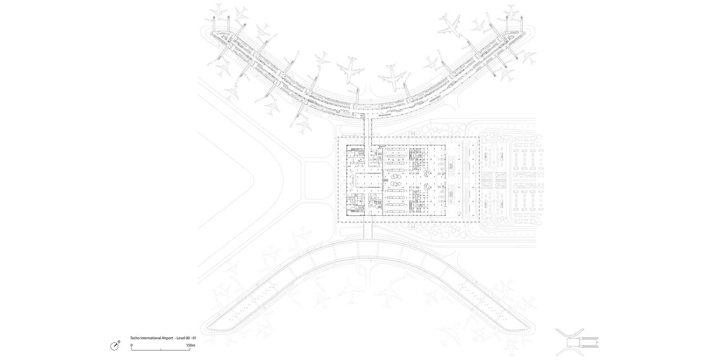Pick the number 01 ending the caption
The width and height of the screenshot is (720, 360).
(194, 338)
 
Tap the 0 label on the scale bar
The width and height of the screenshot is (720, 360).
(131, 345)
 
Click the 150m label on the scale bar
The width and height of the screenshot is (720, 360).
(191, 345)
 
